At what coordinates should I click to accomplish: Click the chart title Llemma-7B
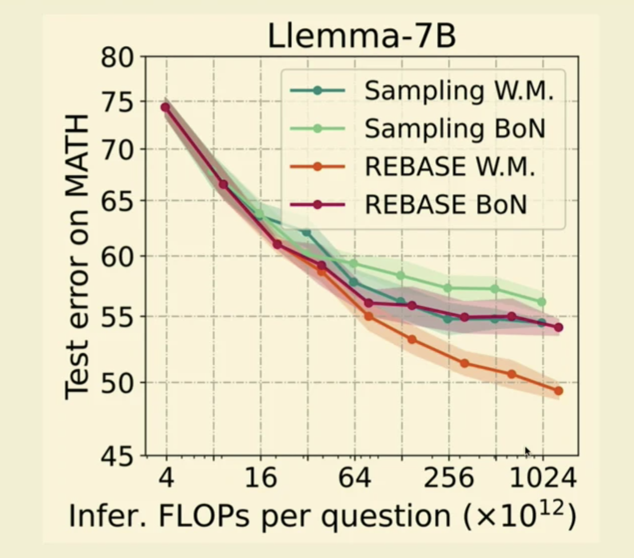pyautogui.click(x=362, y=36)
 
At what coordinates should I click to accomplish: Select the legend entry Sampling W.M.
pyautogui.click(x=459, y=91)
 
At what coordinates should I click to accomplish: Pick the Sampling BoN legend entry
pyautogui.click(x=455, y=129)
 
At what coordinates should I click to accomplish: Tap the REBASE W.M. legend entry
pyautogui.click(x=450, y=166)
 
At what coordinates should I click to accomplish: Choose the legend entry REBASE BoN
pyautogui.click(x=446, y=204)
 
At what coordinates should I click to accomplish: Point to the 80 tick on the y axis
pyautogui.click(x=117, y=58)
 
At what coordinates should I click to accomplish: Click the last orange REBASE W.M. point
pyautogui.click(x=558, y=391)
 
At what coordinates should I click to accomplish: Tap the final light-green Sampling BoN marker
pyautogui.click(x=542, y=302)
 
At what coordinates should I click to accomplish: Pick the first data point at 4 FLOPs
pyautogui.click(x=165, y=107)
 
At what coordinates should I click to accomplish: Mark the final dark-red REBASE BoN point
pyautogui.click(x=559, y=327)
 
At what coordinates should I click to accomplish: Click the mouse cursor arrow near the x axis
pyautogui.click(x=527, y=451)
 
